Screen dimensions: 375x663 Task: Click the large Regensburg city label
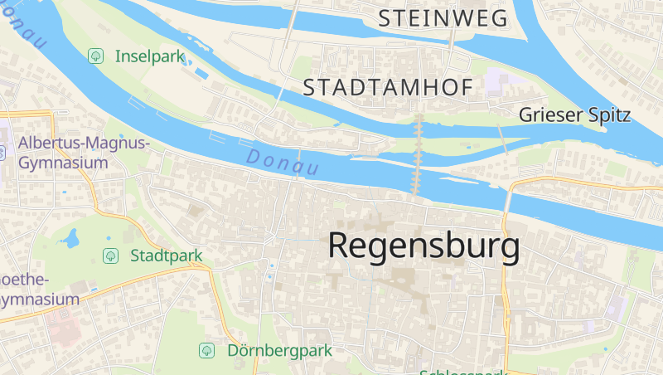pyautogui.click(x=424, y=246)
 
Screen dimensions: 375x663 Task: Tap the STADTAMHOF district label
pyautogui.click(x=388, y=87)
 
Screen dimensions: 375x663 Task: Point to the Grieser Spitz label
pyautogui.click(x=575, y=115)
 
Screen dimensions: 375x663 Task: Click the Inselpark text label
pyautogui.click(x=148, y=56)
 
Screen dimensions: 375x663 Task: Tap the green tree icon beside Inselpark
pyautogui.click(x=96, y=56)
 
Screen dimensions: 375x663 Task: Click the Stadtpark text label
pyautogui.click(x=166, y=256)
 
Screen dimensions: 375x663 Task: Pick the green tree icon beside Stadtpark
pyautogui.click(x=109, y=256)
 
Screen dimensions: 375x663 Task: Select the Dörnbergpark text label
pyautogui.click(x=279, y=350)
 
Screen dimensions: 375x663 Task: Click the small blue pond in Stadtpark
pyautogui.click(x=70, y=240)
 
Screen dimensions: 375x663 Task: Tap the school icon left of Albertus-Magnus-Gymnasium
pyautogui.click(x=2, y=153)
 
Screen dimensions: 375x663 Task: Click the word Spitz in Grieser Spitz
pyautogui.click(x=607, y=115)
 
